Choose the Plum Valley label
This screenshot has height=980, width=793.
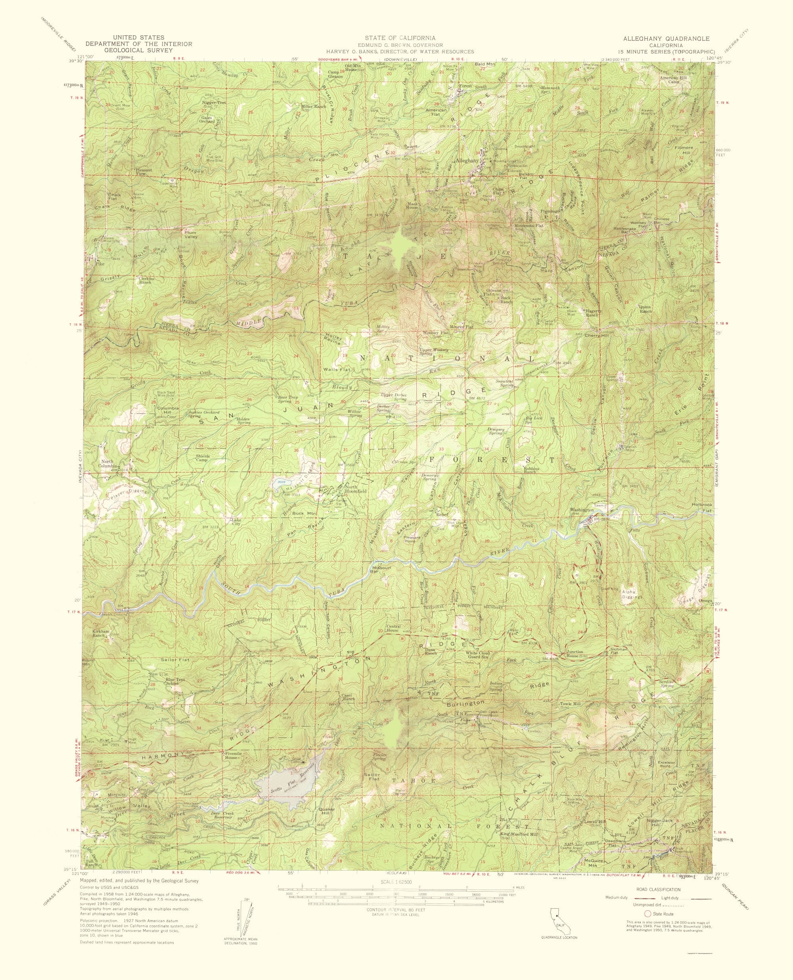point(190,234)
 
